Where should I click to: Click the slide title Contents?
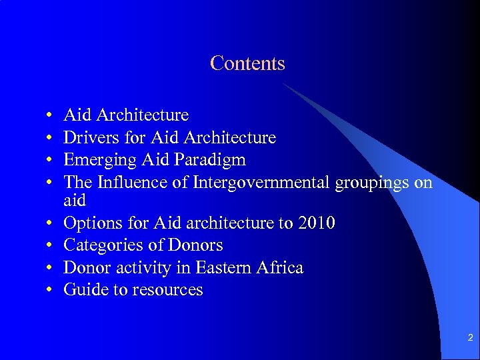pyautogui.click(x=247, y=63)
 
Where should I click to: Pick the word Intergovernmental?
pyautogui.click(x=259, y=183)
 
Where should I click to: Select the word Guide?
pyautogui.click(x=83, y=289)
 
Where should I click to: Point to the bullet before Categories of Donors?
pyautogui.click(x=51, y=246)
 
